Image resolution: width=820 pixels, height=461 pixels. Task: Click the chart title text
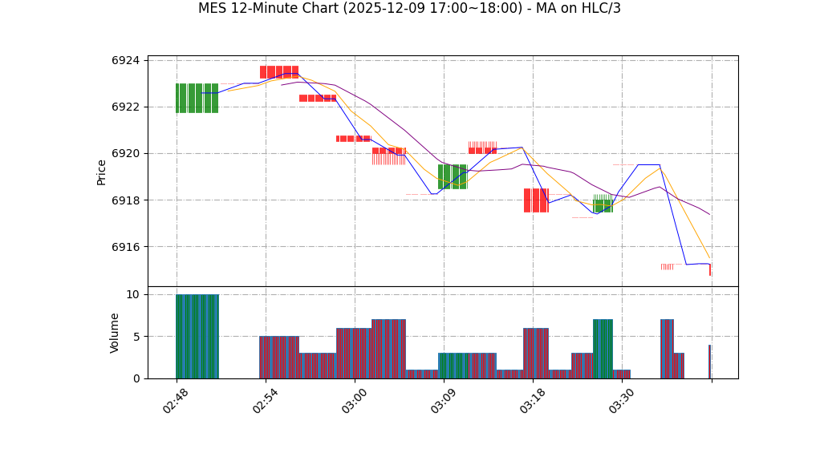(x=409, y=9)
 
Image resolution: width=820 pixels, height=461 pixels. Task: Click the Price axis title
(x=102, y=172)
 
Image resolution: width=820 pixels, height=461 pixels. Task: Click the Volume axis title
(x=115, y=333)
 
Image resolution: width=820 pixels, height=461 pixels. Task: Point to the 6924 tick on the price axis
(x=125, y=61)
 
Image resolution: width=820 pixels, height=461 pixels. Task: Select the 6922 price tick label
(x=125, y=107)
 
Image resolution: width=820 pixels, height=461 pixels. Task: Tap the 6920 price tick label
(x=125, y=154)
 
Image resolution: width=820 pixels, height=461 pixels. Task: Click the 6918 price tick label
(x=125, y=200)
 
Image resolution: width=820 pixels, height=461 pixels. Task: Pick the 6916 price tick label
(x=125, y=247)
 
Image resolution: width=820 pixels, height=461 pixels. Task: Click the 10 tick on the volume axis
(x=133, y=295)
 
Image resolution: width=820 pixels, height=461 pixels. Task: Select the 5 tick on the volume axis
(x=136, y=337)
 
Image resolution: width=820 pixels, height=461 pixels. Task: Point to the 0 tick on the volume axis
(x=136, y=378)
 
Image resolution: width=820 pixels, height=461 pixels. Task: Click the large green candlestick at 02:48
(x=197, y=98)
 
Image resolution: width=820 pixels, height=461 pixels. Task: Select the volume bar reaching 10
(x=197, y=337)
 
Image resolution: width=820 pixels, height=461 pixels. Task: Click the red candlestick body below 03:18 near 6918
(x=536, y=200)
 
